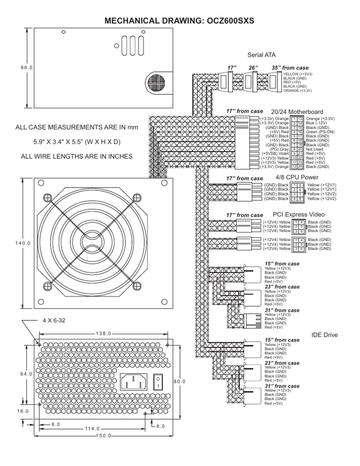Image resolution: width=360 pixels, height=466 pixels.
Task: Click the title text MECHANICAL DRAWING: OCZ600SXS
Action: click(180, 21)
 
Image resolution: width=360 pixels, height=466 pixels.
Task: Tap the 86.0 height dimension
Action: click(26, 68)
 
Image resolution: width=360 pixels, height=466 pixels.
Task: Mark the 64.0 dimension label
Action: click(26, 374)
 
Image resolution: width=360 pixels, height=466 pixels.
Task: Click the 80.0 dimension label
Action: click(180, 382)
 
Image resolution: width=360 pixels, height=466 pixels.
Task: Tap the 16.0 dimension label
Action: click(22, 411)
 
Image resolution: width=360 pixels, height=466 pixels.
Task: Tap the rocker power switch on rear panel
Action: click(160, 382)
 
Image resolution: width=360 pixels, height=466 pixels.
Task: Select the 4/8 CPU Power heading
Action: click(297, 177)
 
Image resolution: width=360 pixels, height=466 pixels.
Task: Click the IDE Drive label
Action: click(324, 335)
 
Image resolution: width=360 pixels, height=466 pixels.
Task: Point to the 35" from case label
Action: click(290, 68)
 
